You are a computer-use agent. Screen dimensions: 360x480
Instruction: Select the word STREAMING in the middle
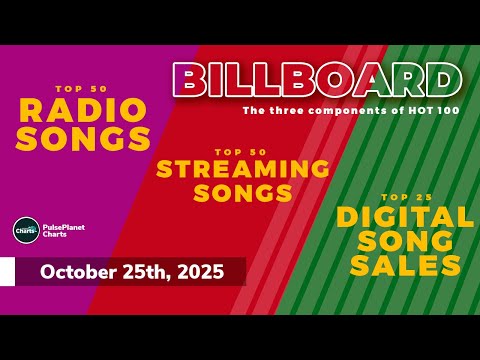[243, 168]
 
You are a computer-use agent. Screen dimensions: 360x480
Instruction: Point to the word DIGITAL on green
[405, 216]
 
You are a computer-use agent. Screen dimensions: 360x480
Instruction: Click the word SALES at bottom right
[405, 265]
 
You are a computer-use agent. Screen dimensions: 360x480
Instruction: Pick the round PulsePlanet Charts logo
[26, 231]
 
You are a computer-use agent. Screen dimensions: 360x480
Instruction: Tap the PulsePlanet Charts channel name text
[63, 231]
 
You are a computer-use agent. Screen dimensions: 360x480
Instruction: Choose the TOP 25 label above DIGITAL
[405, 196]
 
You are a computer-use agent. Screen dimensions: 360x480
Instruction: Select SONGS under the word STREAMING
[243, 191]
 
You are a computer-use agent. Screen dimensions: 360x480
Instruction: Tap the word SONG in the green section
[405, 240]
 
